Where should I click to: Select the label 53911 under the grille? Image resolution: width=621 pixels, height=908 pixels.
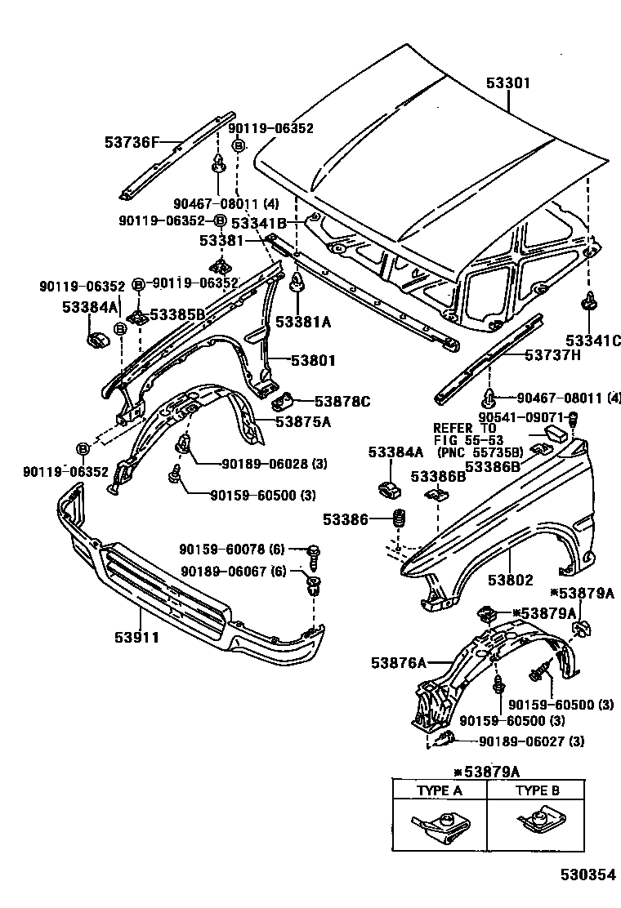pos(136,636)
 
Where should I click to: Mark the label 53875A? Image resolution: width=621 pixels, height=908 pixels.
pos(303,421)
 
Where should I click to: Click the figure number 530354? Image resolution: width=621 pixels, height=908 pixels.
pos(587,875)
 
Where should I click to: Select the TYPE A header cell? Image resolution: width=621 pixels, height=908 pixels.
pos(440,790)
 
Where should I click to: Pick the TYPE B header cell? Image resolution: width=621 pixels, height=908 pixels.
pos(537,790)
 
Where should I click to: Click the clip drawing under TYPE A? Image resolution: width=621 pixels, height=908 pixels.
pos(440,826)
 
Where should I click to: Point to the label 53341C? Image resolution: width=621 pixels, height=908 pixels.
pos(591,340)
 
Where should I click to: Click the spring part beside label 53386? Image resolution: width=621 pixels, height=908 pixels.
pos(400,519)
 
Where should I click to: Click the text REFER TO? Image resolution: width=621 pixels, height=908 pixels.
pos(464,427)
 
